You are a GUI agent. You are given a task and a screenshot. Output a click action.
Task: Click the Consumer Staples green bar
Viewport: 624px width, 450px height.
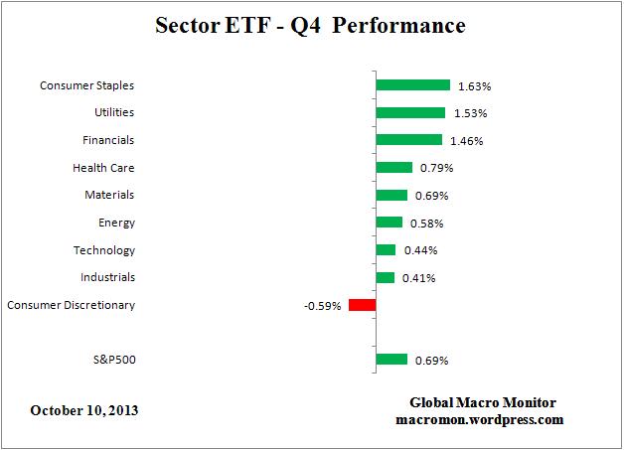[x=412, y=85]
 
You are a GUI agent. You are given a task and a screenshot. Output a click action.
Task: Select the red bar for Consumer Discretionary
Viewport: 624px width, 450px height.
[x=362, y=305]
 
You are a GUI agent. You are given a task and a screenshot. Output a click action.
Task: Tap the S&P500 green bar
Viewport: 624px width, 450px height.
[x=391, y=360]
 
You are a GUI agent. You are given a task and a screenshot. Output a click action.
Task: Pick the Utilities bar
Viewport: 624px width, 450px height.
[x=410, y=113]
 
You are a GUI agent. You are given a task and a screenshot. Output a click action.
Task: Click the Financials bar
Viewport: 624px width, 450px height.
[x=408, y=140]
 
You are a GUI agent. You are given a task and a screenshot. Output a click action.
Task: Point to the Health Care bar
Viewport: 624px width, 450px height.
[x=393, y=168]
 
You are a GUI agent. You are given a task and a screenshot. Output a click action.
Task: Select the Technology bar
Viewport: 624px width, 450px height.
[x=386, y=250]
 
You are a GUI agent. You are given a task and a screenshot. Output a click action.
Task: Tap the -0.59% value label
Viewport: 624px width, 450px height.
[x=323, y=306]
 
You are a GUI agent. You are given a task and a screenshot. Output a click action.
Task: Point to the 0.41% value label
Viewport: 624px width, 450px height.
[x=418, y=278]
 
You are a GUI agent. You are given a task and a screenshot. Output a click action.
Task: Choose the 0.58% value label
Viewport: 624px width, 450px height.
[x=426, y=224]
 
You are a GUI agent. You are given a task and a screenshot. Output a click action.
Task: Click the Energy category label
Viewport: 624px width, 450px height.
[x=116, y=223]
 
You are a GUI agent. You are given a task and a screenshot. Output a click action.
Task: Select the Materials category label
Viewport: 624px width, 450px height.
[x=108, y=195]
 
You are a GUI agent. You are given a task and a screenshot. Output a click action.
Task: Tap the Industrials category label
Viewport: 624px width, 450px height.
[x=107, y=277]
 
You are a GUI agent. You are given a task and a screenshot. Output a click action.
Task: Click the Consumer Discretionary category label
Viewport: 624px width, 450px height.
[x=71, y=305]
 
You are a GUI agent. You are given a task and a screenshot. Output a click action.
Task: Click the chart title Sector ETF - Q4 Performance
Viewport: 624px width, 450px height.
[x=311, y=25]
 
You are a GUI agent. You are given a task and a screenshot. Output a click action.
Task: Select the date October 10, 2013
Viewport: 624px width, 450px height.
[x=84, y=410]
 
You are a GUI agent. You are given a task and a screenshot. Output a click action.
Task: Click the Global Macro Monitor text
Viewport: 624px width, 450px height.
[x=483, y=402]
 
